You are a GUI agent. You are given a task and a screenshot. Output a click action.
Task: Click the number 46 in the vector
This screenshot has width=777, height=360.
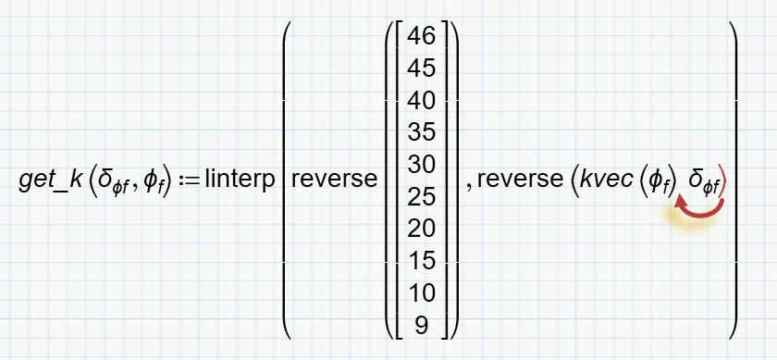click(x=422, y=38)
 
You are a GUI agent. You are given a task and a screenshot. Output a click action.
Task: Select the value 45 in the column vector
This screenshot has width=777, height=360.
click(x=422, y=69)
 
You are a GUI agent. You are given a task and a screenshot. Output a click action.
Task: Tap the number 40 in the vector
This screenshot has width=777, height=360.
click(x=422, y=101)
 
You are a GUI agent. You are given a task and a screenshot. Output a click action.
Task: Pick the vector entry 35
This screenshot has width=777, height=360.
click(x=422, y=132)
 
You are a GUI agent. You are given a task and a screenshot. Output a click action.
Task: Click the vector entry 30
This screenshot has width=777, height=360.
click(x=422, y=165)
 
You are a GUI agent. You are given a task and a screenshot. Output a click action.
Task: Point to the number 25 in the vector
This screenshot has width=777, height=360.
click(x=422, y=196)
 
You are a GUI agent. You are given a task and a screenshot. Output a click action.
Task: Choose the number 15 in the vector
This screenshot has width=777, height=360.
click(x=422, y=260)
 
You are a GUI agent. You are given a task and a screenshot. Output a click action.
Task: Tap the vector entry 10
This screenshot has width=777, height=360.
click(x=422, y=292)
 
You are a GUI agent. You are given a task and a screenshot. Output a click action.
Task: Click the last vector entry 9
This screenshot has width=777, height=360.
click(x=422, y=324)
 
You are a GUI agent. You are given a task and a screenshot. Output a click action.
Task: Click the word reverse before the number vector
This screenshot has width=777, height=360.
click(x=332, y=180)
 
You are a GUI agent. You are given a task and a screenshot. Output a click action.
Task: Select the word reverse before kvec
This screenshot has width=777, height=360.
click(x=518, y=180)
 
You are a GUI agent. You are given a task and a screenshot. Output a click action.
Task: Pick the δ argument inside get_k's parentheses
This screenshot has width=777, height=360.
click(x=110, y=182)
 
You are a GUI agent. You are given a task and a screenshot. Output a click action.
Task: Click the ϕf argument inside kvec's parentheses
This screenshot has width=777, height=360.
click(x=659, y=182)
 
